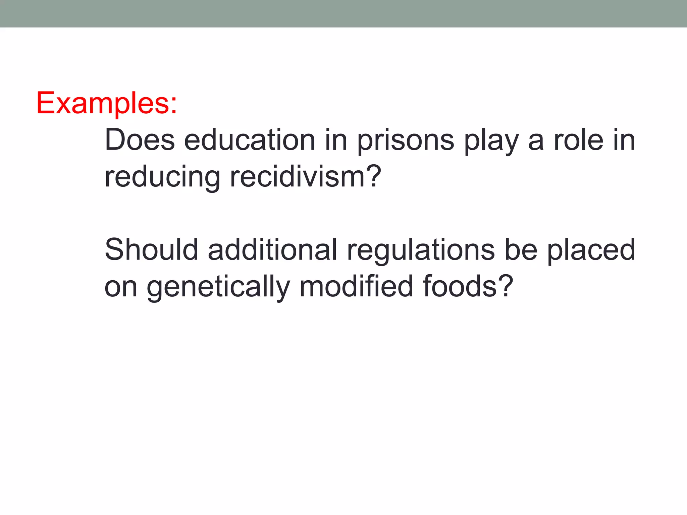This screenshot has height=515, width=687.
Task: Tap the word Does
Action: (140, 140)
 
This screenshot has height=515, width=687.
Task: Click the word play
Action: (491, 140)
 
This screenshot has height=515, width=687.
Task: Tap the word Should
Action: (151, 250)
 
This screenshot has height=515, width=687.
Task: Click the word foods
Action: (460, 287)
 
